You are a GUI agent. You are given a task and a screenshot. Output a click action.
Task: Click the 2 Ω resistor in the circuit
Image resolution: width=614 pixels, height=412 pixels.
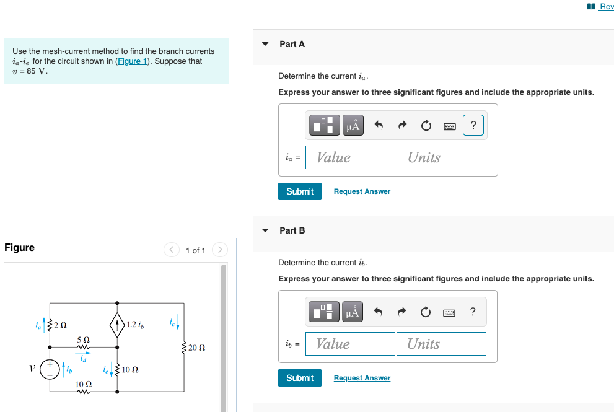pyautogui.click(x=51, y=324)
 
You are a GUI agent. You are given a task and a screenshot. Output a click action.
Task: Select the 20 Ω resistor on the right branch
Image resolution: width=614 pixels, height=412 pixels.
pyautogui.click(x=183, y=348)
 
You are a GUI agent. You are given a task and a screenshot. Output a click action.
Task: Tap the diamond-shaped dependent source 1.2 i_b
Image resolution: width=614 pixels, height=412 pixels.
pyautogui.click(x=117, y=324)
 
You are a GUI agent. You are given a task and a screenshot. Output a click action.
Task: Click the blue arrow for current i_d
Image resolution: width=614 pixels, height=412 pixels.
pyautogui.click(x=83, y=353)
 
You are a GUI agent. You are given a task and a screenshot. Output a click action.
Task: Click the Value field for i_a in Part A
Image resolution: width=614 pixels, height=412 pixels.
pyautogui.click(x=351, y=157)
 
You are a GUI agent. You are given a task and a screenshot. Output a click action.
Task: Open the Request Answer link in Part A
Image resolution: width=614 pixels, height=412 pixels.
pyautogui.click(x=362, y=191)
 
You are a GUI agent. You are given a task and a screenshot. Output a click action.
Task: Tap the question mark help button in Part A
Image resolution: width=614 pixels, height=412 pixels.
pyautogui.click(x=473, y=126)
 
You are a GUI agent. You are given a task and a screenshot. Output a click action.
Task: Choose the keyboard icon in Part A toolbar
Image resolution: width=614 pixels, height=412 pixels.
pyautogui.click(x=450, y=126)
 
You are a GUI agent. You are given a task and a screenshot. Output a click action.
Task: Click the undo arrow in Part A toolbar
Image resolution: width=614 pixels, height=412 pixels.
pyautogui.click(x=379, y=126)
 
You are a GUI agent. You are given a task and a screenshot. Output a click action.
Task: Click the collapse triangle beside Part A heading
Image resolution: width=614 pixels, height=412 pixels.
pyautogui.click(x=266, y=44)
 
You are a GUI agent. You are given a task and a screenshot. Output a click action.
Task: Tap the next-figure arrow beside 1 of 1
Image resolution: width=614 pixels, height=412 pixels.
pyautogui.click(x=220, y=250)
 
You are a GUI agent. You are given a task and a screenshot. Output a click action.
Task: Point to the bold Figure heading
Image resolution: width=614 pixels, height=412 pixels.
pyautogui.click(x=19, y=248)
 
